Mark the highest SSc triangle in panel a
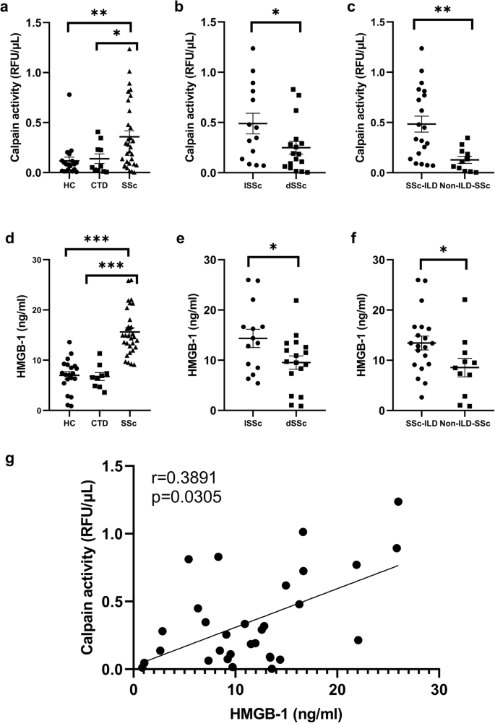point(131,48)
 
